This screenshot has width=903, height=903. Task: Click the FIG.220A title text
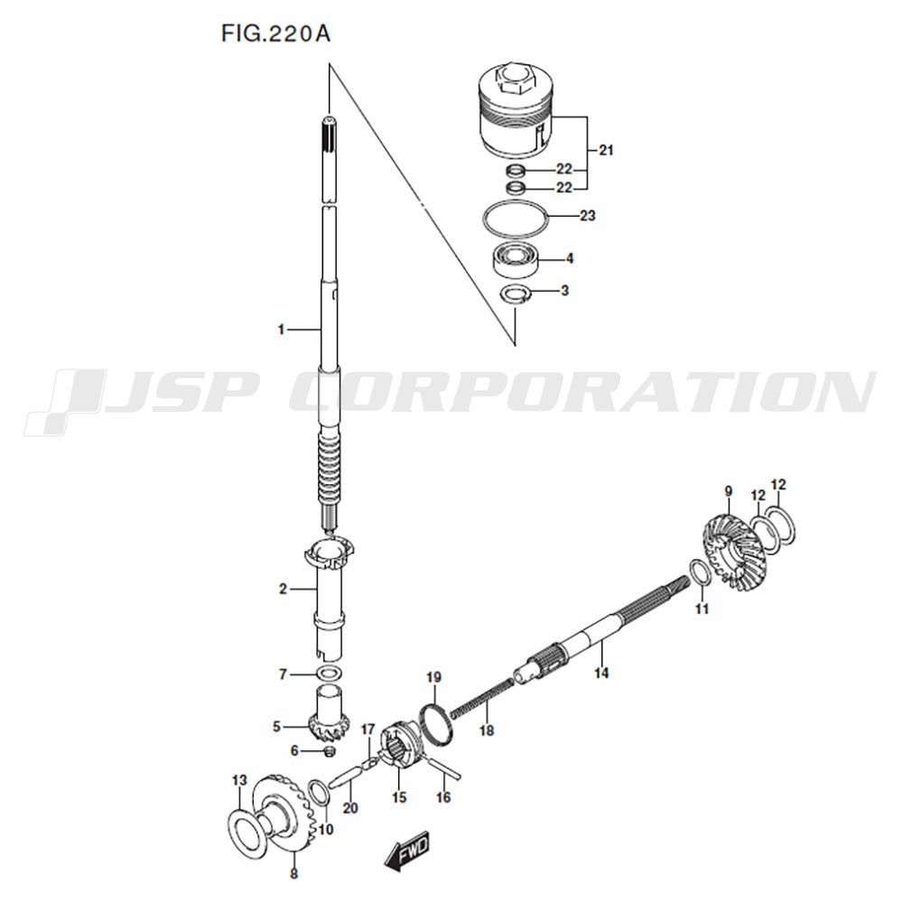click(x=275, y=34)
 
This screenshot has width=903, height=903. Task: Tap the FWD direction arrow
click(x=408, y=850)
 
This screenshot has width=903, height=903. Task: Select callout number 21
click(x=606, y=150)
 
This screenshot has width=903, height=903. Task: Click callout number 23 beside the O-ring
click(x=588, y=216)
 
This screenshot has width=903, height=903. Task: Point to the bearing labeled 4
click(x=516, y=262)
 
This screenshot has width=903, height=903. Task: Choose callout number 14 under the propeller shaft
click(x=601, y=673)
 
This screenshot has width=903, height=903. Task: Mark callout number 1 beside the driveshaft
click(x=281, y=330)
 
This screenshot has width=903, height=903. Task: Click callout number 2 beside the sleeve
click(x=282, y=589)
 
